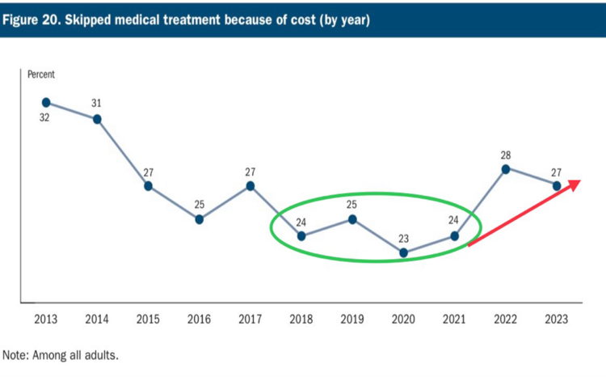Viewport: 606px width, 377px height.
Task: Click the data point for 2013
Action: pyautogui.click(x=46, y=103)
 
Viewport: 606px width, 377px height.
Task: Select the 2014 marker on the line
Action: pyautogui.click(x=97, y=119)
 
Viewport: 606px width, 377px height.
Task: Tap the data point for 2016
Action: pyautogui.click(x=199, y=219)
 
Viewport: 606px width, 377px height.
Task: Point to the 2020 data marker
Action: pyautogui.click(x=404, y=253)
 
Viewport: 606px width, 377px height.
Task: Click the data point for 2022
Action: pyautogui.click(x=506, y=169)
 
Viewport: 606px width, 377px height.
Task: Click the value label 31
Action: pyautogui.click(x=97, y=104)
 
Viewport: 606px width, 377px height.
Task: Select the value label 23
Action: pyautogui.click(x=404, y=238)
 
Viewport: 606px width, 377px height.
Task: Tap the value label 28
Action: pyautogui.click(x=506, y=154)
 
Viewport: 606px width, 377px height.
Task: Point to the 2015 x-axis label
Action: pyautogui.click(x=148, y=320)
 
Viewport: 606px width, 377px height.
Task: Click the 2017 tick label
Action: pyautogui.click(x=250, y=320)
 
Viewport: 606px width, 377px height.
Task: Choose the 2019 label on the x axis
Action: pyautogui.click(x=352, y=320)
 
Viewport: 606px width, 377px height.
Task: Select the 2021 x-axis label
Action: pyautogui.click(x=455, y=320)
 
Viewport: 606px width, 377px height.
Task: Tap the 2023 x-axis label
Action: pyautogui.click(x=557, y=320)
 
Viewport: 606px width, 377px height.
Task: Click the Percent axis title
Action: pyautogui.click(x=41, y=74)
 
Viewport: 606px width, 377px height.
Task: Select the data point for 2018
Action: pyautogui.click(x=301, y=236)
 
